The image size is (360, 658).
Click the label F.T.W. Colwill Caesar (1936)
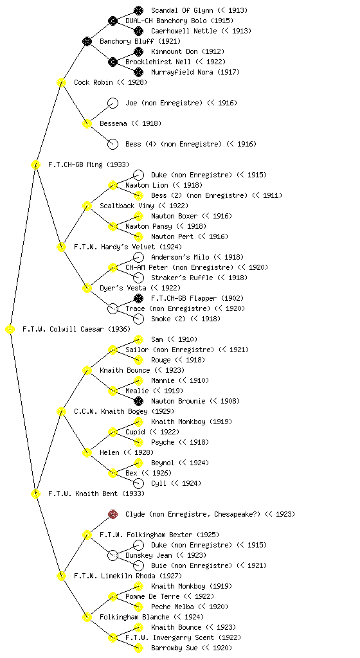(76, 330)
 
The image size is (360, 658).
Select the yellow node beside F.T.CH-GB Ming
(35, 165)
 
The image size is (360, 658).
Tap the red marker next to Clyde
(113, 514)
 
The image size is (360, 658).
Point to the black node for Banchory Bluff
(87, 41)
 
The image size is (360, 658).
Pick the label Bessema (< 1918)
(130, 123)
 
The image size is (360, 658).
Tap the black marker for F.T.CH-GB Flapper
(138, 298)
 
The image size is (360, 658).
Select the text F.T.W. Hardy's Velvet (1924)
(128, 247)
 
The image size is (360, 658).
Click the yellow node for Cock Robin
(61, 82)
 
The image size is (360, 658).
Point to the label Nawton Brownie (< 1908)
(195, 401)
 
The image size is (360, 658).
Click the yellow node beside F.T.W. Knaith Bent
(35, 494)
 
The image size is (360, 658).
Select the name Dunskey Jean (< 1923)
(166, 556)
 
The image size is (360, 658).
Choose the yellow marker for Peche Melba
(138, 607)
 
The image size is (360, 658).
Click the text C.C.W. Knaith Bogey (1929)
(124, 412)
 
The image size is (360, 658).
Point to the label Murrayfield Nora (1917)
(195, 72)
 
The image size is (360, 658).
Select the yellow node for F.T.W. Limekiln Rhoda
(61, 576)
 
